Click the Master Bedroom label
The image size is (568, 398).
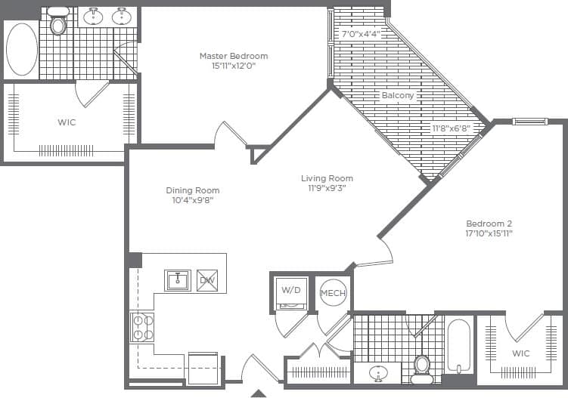click(233, 56)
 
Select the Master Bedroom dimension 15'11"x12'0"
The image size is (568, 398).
click(233, 66)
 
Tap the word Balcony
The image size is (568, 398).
click(397, 96)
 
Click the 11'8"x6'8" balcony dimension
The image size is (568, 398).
click(451, 128)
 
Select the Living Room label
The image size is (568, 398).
click(327, 178)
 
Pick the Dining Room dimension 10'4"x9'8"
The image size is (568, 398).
click(193, 201)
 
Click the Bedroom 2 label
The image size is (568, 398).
click(489, 224)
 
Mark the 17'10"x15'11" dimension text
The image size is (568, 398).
click(489, 233)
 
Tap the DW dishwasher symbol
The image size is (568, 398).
click(206, 281)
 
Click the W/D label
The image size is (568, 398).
click(290, 290)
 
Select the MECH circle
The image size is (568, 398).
click(333, 293)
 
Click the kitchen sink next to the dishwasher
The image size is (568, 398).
click(178, 280)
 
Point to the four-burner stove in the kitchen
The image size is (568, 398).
click(141, 326)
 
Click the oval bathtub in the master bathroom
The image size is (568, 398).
click(21, 49)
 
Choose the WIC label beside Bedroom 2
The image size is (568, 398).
click(521, 353)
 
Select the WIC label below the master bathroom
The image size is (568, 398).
click(67, 122)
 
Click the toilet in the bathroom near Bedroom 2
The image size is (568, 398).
click(422, 366)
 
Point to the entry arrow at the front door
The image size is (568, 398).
click(258, 393)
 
